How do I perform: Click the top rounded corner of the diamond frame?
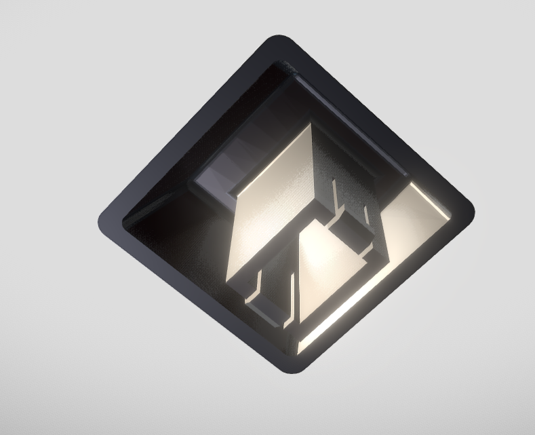tap(279, 42)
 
